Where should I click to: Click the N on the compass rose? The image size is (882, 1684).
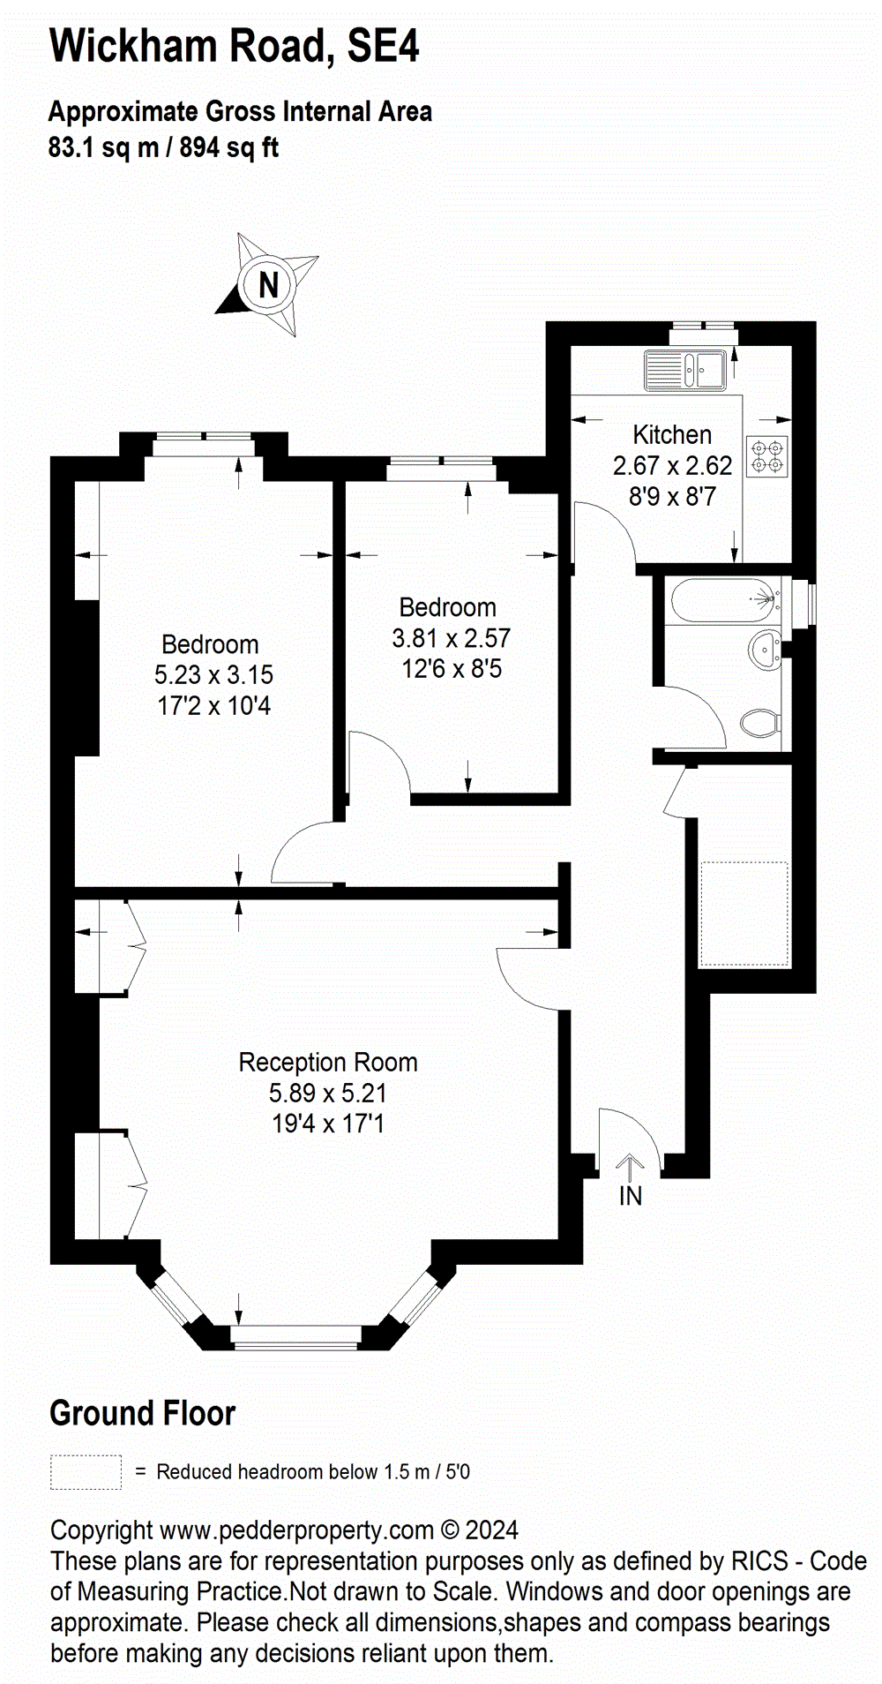click(268, 284)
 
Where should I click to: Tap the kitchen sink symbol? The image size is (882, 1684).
click(684, 370)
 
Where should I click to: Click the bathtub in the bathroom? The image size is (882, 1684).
click(726, 600)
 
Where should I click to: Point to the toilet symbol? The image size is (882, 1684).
click(759, 724)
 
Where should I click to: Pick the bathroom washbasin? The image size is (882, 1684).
click(764, 650)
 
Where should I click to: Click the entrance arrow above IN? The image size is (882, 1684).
click(630, 1168)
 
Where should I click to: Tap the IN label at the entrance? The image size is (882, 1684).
click(631, 1197)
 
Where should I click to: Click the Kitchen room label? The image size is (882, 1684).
click(672, 434)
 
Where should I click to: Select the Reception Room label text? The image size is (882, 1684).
click(328, 1062)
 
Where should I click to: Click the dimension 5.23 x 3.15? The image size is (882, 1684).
click(214, 675)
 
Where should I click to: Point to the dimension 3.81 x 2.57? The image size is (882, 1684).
click(452, 638)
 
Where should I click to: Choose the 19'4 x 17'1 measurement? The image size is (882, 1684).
click(328, 1124)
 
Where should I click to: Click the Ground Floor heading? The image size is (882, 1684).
click(143, 1413)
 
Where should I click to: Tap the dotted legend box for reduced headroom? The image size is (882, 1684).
click(86, 1472)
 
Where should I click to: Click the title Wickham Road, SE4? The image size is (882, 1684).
click(235, 46)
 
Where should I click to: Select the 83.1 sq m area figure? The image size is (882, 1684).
click(103, 147)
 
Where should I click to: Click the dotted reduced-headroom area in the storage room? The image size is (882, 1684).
click(744, 913)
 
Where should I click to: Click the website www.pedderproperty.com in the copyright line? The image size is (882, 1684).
click(297, 1530)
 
